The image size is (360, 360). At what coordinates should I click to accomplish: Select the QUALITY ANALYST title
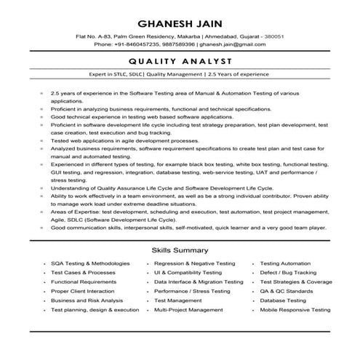point(180,62)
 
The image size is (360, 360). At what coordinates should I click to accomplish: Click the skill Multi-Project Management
point(188,310)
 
